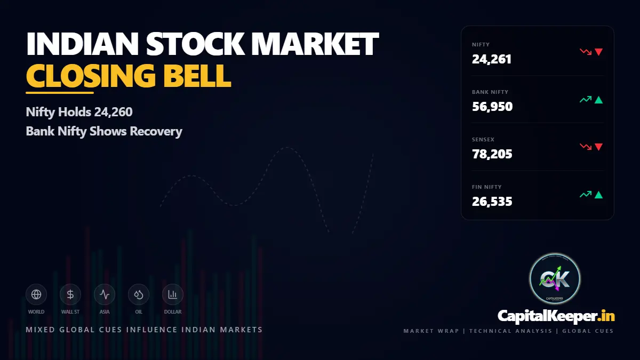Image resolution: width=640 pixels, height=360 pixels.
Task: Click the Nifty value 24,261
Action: (x=492, y=59)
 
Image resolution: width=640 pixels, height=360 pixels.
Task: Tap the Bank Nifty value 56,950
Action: (x=492, y=107)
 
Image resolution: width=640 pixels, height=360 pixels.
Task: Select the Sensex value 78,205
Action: (x=492, y=154)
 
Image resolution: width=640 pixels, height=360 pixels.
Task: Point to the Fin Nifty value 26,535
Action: (x=492, y=202)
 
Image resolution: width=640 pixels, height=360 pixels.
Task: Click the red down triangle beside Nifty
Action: (x=598, y=52)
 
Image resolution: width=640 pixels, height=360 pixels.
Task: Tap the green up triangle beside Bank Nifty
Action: (x=598, y=100)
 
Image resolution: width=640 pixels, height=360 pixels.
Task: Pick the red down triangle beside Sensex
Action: (x=598, y=147)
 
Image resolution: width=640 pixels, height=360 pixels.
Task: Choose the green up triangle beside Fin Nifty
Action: (x=598, y=195)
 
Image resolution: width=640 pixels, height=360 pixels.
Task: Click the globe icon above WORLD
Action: (x=36, y=294)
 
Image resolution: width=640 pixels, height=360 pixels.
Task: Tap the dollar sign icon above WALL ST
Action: (x=70, y=294)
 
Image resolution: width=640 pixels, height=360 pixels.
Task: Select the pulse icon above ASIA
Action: (x=105, y=294)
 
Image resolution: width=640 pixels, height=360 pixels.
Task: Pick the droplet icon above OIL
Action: (x=139, y=294)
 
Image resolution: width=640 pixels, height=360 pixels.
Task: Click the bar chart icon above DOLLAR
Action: (x=173, y=294)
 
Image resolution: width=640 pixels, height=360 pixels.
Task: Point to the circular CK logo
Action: (x=555, y=279)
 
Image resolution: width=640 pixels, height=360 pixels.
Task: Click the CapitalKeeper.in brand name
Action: (x=556, y=316)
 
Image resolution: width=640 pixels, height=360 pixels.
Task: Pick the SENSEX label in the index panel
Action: (x=483, y=140)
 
